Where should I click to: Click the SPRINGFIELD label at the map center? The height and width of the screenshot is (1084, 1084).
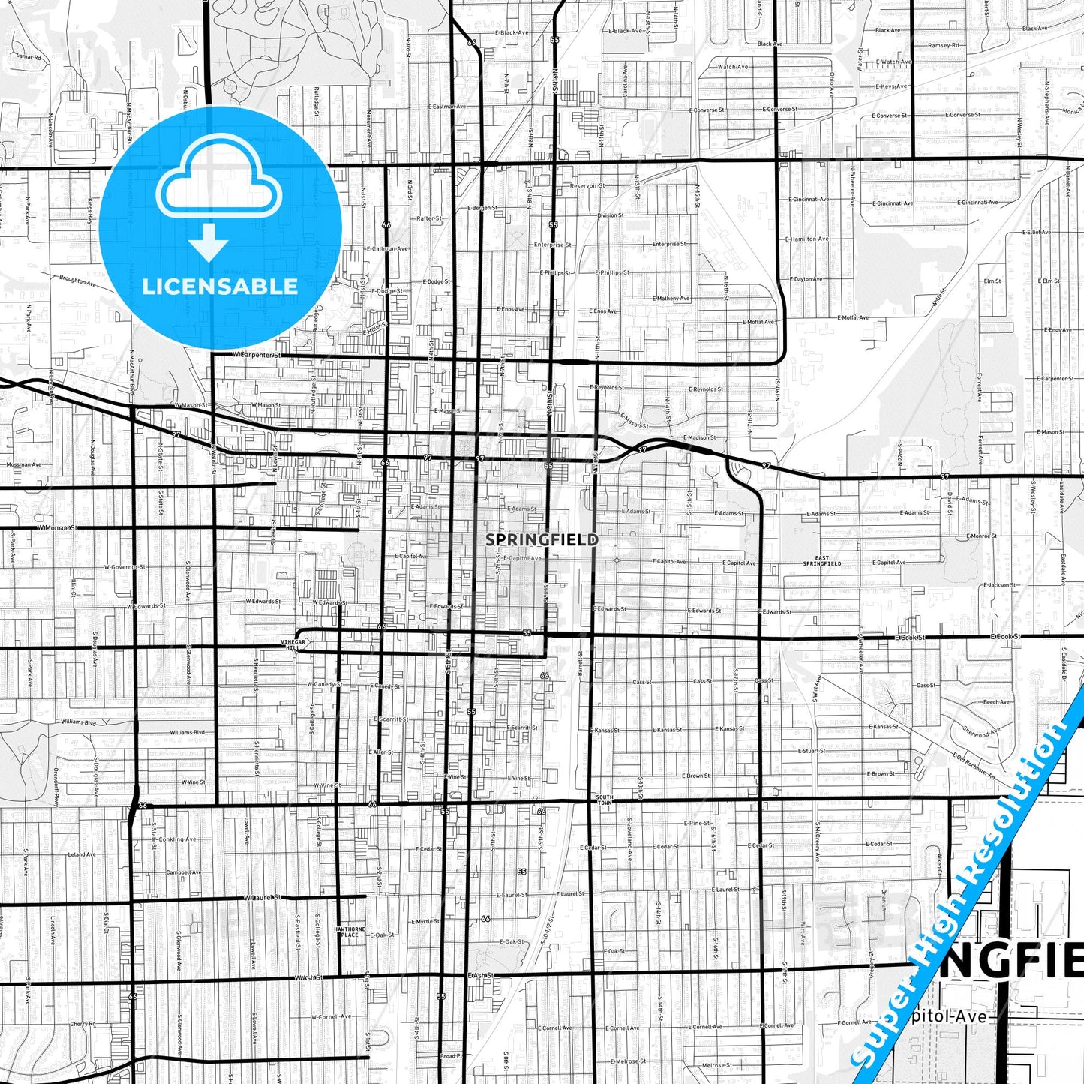[x=542, y=539]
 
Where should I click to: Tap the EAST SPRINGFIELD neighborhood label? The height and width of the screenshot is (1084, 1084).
[x=822, y=560]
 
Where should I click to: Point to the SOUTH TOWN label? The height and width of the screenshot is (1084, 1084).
[x=604, y=799]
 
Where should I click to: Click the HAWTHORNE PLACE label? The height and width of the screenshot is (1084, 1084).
[x=350, y=932]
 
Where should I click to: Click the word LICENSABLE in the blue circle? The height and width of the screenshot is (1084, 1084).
[x=220, y=286]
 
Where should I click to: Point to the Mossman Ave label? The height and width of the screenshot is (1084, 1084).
[x=23, y=464]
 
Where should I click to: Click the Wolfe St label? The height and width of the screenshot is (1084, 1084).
[x=938, y=296]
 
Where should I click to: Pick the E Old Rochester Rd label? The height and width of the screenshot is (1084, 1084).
[x=975, y=767]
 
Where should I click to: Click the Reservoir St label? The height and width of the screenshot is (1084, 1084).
[x=587, y=185]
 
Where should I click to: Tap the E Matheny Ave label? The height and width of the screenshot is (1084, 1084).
[x=671, y=298]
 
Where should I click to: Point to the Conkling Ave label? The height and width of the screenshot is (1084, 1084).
[x=178, y=839]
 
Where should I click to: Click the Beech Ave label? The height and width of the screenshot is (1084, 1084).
[x=997, y=702]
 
